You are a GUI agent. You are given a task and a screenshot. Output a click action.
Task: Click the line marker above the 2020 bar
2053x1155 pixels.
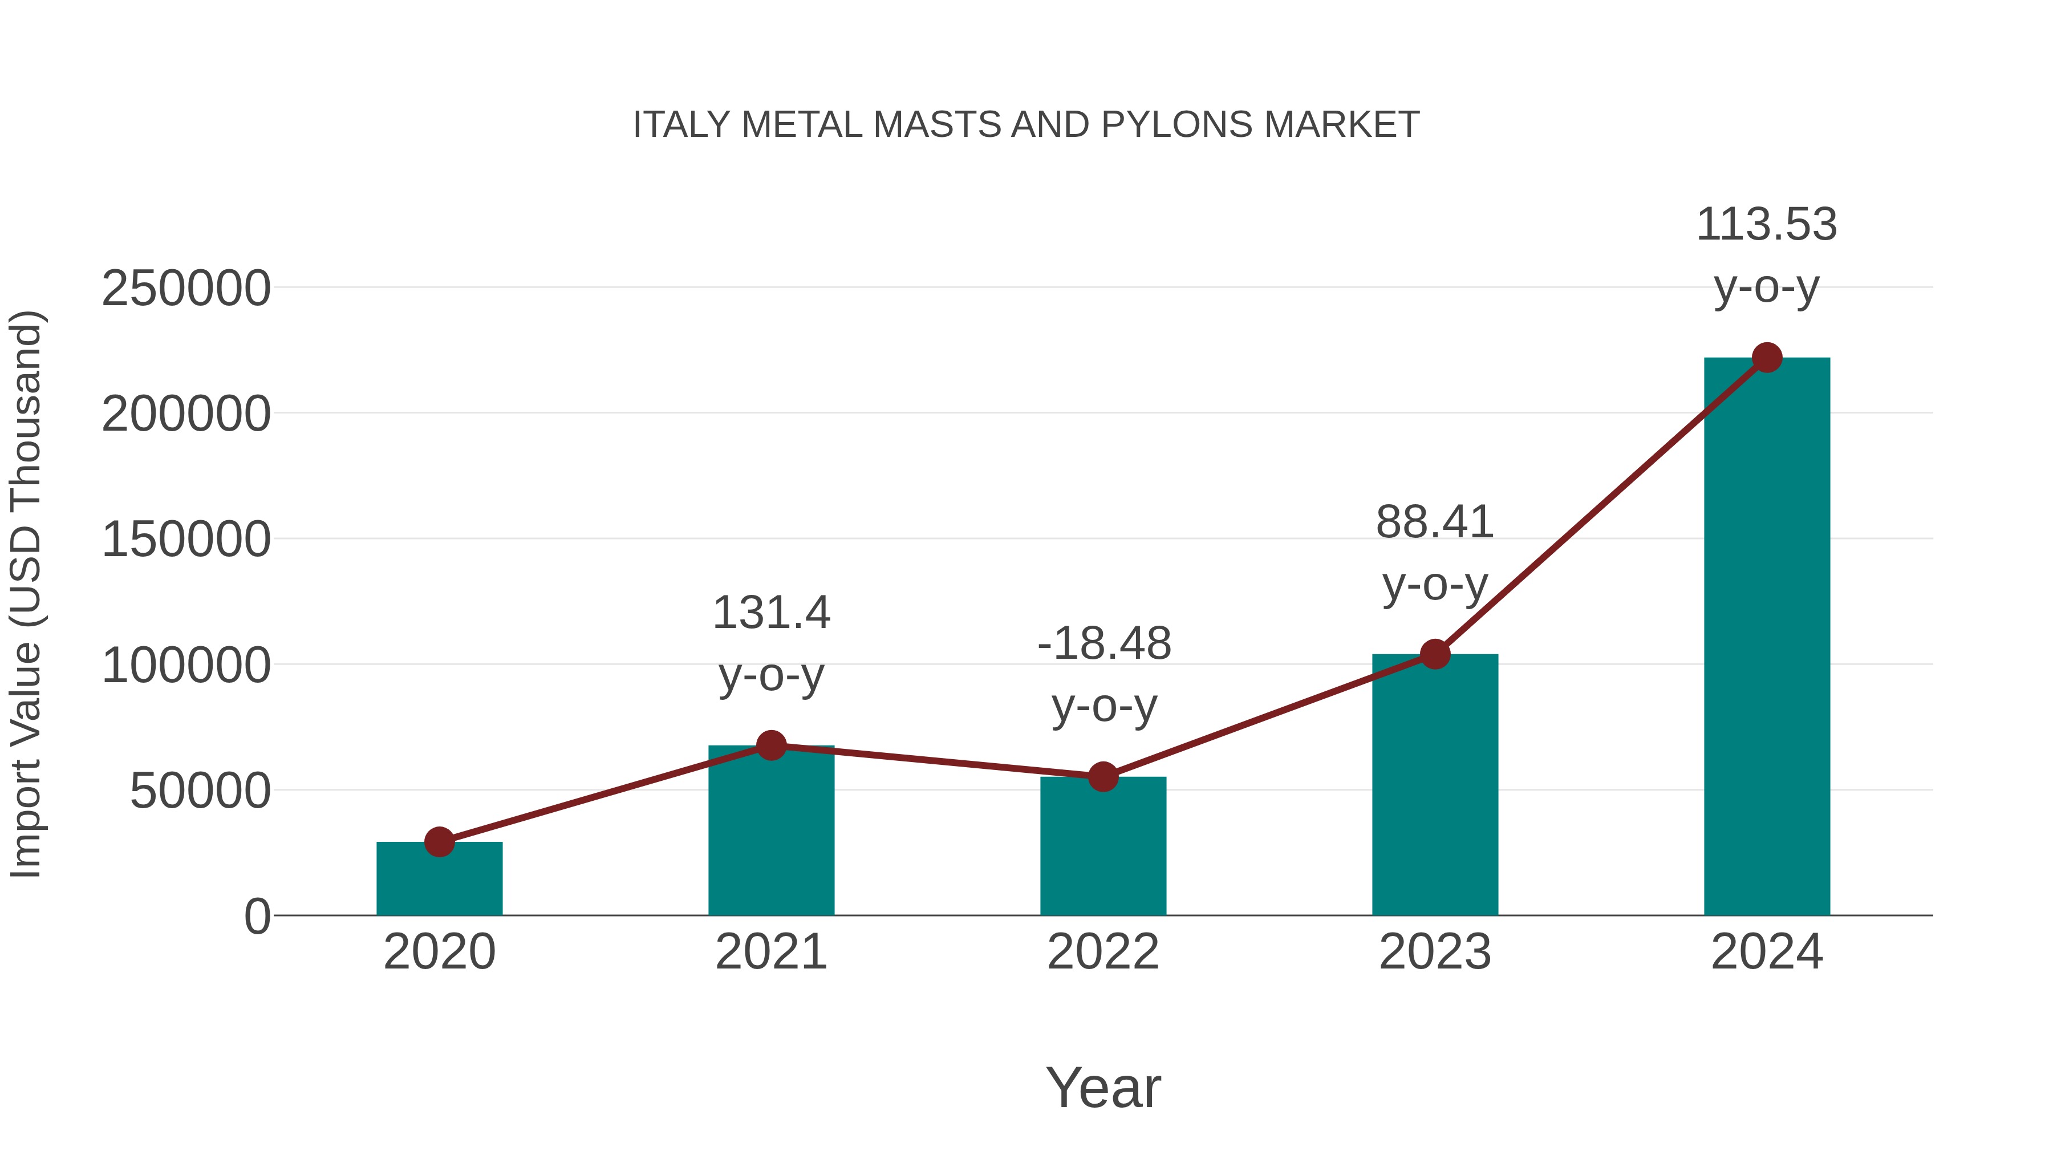(439, 842)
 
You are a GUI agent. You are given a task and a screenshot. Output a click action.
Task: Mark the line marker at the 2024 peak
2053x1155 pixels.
(1767, 358)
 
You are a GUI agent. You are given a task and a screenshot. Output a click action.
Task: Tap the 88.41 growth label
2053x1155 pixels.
(1435, 553)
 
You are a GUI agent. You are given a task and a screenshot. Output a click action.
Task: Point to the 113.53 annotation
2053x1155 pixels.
(1767, 255)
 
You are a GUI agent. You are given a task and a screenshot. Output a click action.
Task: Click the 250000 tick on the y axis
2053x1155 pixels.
(186, 289)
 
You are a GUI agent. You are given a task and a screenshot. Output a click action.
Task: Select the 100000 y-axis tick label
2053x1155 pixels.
(186, 666)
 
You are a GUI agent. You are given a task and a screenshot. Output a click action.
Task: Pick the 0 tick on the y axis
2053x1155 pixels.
(257, 917)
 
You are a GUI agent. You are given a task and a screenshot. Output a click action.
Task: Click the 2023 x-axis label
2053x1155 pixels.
(1435, 953)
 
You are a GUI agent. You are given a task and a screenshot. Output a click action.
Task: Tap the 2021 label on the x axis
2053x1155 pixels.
(770, 953)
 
